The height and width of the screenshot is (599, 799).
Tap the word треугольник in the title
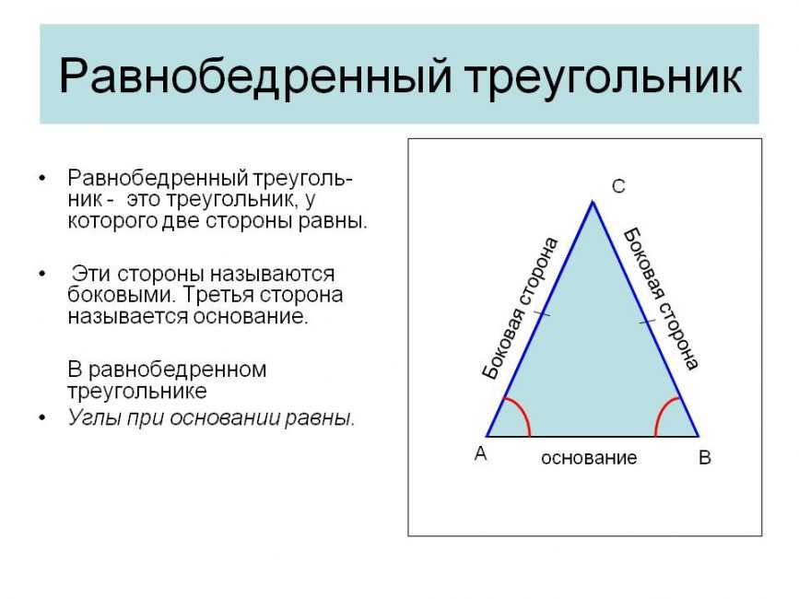pos(603,76)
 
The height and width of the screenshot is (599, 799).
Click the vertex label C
pos(618,186)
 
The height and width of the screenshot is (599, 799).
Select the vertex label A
pos(480,452)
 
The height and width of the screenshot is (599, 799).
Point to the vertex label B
pos(705,457)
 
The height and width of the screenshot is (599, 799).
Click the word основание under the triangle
pos(589,458)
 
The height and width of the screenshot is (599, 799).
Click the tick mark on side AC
pos(542,312)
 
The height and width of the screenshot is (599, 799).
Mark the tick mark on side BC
pos(647,322)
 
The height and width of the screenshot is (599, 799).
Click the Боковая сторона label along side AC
pos(521,309)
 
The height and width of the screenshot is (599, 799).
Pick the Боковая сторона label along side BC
pos(661,299)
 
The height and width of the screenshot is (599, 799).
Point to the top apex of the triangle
pos(593,201)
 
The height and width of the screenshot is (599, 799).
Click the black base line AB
pos(593,437)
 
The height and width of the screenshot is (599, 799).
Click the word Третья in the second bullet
pos(217,295)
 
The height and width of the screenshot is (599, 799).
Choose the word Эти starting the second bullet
pos(91,274)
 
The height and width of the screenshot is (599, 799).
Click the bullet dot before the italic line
pos(42,418)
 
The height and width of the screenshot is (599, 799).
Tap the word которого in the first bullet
pos(112,221)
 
